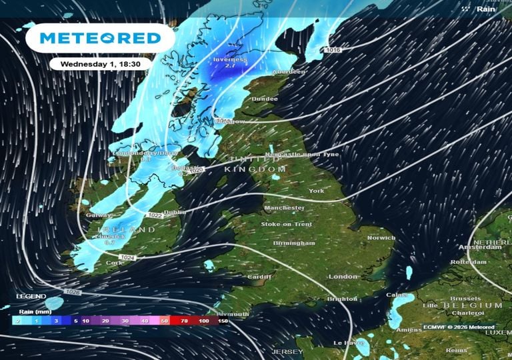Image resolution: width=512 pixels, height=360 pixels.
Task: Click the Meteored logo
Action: tap(100, 39)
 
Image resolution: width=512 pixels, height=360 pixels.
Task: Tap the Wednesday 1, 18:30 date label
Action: tap(99, 63)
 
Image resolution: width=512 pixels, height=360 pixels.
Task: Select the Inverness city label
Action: tap(230, 59)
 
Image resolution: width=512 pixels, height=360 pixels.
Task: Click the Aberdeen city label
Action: tap(288, 72)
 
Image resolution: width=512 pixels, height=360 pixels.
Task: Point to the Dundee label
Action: tap(265, 99)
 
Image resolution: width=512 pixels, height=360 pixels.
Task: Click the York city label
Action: tap(316, 191)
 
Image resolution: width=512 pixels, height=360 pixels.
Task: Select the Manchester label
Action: tap(284, 208)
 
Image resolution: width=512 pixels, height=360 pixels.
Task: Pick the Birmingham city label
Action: tap(294, 243)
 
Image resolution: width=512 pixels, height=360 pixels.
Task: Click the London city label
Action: tap(343, 276)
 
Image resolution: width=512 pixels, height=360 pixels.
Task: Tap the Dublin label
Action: tap(175, 213)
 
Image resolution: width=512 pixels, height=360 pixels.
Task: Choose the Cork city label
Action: tap(115, 263)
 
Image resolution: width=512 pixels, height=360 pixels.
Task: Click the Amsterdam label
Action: tap(480, 247)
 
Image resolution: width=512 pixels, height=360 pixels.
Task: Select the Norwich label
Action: tap(382, 238)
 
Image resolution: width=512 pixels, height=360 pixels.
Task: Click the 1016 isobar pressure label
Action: tap(333, 51)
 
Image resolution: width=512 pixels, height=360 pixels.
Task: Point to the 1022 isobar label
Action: tap(155, 215)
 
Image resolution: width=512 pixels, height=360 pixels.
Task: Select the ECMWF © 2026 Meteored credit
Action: tap(458, 327)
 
